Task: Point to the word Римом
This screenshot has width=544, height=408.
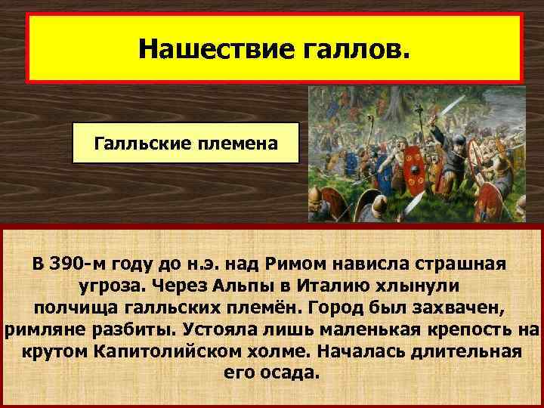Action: [286, 265]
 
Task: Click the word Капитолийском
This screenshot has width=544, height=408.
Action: [175, 353]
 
